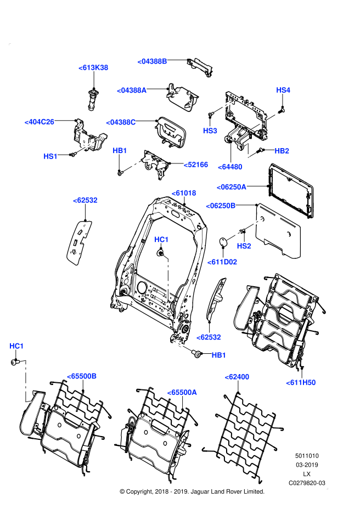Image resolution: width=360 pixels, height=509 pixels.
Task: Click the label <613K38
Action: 93,67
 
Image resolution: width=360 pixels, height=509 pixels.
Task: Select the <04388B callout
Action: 152,61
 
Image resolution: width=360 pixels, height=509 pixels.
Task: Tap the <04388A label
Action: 132,91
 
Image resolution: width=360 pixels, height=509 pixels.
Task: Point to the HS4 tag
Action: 283,90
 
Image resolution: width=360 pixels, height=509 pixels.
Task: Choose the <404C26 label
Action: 39,122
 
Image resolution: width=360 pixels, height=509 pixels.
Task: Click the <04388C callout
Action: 121,122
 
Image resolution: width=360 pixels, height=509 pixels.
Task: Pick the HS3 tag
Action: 210,131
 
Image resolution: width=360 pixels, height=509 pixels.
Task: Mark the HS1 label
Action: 50,156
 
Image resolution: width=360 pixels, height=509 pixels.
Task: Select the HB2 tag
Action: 282,151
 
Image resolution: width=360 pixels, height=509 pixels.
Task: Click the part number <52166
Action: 196,165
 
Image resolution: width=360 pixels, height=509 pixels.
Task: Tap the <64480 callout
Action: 230,167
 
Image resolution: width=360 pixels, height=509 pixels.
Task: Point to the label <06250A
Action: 231,187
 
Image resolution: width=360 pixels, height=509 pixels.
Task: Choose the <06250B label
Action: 221,206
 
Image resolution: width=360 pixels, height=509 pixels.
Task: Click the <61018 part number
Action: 184,193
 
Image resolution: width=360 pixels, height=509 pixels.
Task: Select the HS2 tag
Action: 244,246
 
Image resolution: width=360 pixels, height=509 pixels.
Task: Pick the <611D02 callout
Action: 222,262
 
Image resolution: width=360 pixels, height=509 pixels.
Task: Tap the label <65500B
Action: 82,376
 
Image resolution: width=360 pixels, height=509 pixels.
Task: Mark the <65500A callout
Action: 182,392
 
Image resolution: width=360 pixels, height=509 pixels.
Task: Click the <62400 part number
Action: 237,377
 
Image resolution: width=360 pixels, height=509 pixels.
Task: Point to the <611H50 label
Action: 301,383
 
